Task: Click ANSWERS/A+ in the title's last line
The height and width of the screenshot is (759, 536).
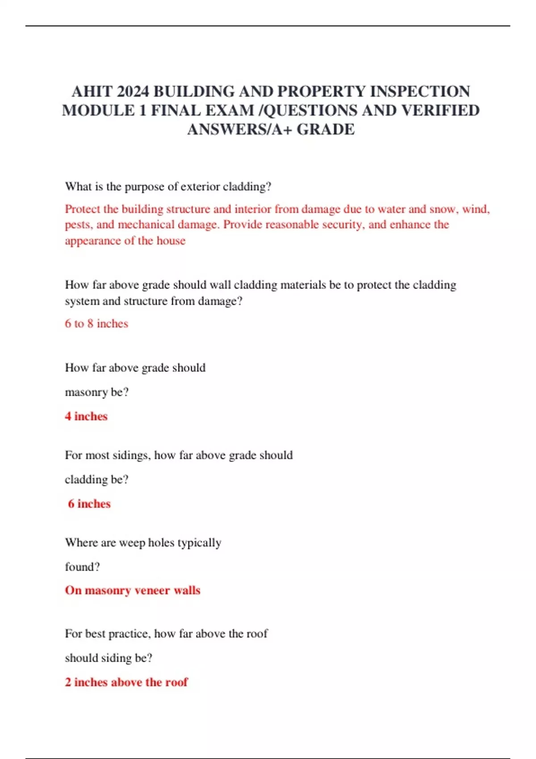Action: pos(239,129)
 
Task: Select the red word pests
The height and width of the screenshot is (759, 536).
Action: pos(77,225)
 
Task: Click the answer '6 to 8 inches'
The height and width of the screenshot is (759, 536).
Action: pos(96,324)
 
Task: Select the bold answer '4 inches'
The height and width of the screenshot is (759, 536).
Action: pos(86,416)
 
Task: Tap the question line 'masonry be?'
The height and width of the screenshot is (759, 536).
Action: pos(96,392)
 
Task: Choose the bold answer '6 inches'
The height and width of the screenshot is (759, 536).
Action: pos(89,504)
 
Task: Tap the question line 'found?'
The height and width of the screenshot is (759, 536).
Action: pos(82,567)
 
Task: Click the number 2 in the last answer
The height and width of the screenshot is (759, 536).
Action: pos(68,682)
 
